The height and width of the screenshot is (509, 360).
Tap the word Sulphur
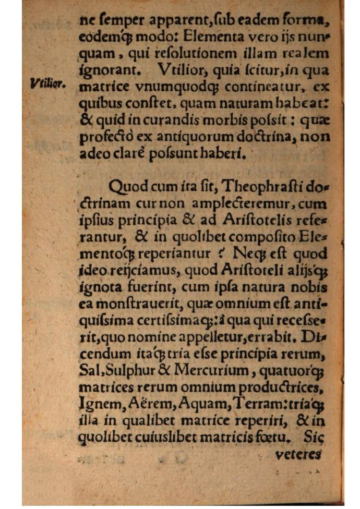point(129,371)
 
